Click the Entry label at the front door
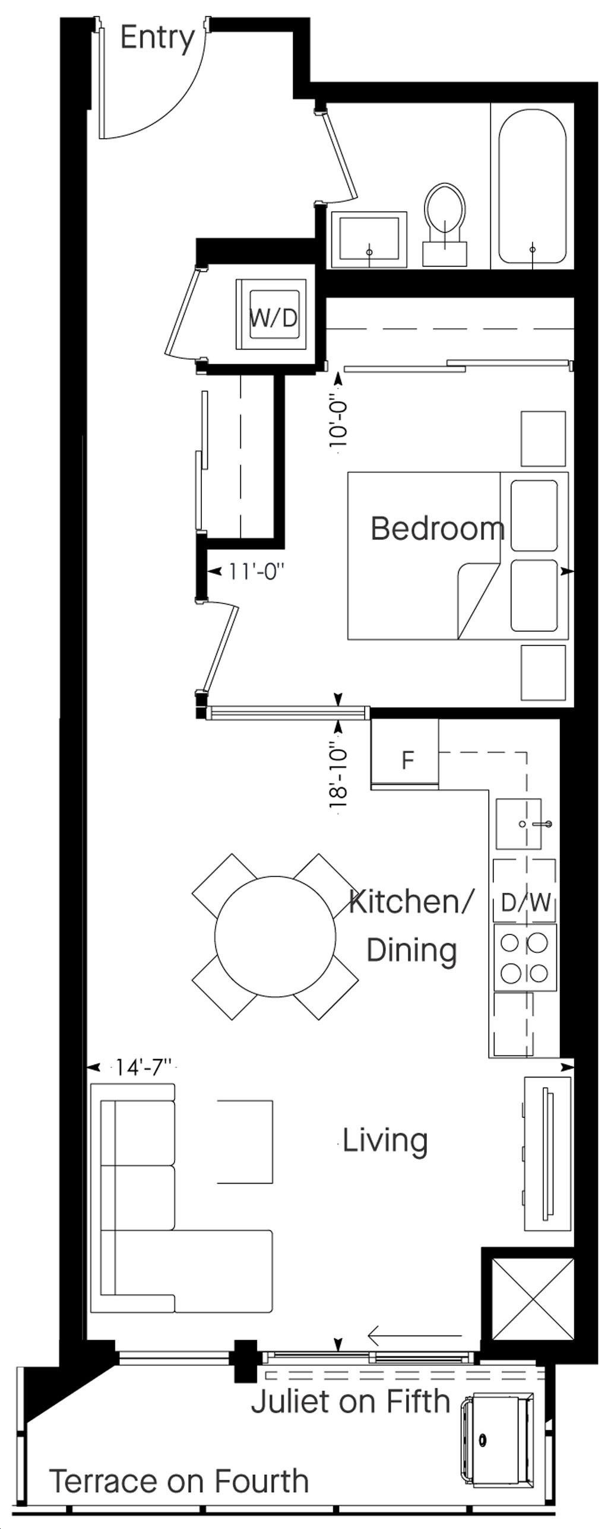157,39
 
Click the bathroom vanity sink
369,239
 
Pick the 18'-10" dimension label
338,775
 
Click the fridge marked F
405,754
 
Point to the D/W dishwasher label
525,902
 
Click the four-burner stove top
525,957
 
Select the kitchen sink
519,824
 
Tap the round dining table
275,937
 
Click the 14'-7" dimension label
143,1067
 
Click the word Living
385,1140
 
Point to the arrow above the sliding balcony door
414,1336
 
